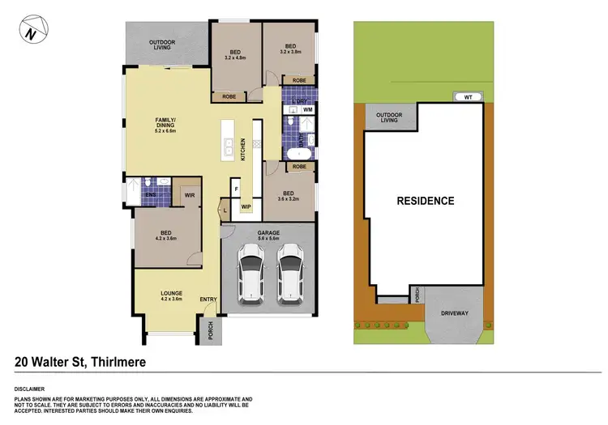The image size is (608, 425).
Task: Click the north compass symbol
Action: click(31, 32)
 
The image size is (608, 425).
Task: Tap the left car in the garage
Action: click(250, 273)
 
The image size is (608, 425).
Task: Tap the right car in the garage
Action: click(290, 273)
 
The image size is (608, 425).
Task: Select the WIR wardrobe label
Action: click(189, 195)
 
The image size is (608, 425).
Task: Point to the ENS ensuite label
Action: click(150, 195)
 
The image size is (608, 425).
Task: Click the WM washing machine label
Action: click(308, 108)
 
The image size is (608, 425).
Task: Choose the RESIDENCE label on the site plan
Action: click(425, 200)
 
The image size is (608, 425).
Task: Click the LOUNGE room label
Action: click(171, 292)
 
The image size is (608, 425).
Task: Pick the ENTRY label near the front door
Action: click(208, 300)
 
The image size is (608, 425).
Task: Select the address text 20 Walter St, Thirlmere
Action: click(80, 362)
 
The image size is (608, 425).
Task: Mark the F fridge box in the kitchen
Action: click(236, 189)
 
